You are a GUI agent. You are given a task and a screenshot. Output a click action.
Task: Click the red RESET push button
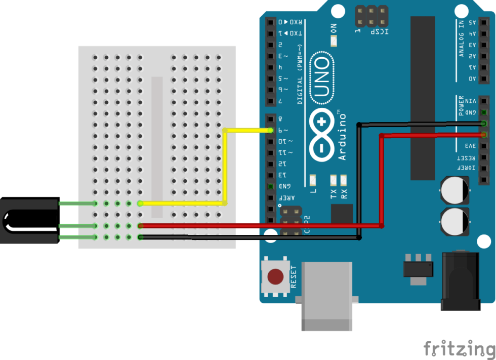(x=275, y=277)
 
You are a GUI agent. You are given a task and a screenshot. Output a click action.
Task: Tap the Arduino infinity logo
(x=322, y=135)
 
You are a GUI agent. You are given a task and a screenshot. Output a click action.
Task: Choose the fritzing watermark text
(x=458, y=349)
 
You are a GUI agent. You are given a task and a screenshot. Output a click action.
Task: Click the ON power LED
(x=334, y=41)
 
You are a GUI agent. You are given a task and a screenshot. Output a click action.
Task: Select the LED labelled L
(x=312, y=180)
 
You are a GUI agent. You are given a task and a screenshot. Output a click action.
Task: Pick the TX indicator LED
(x=334, y=180)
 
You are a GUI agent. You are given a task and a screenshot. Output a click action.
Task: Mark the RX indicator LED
(x=344, y=180)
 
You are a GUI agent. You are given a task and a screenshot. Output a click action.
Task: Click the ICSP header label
(x=380, y=31)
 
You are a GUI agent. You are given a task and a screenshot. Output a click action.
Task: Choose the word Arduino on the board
(x=343, y=137)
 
